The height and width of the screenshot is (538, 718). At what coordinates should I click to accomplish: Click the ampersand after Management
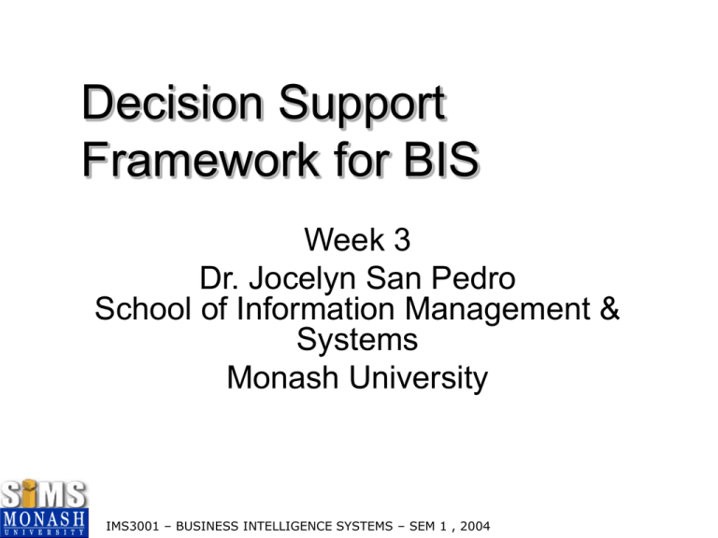pyautogui.click(x=609, y=309)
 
